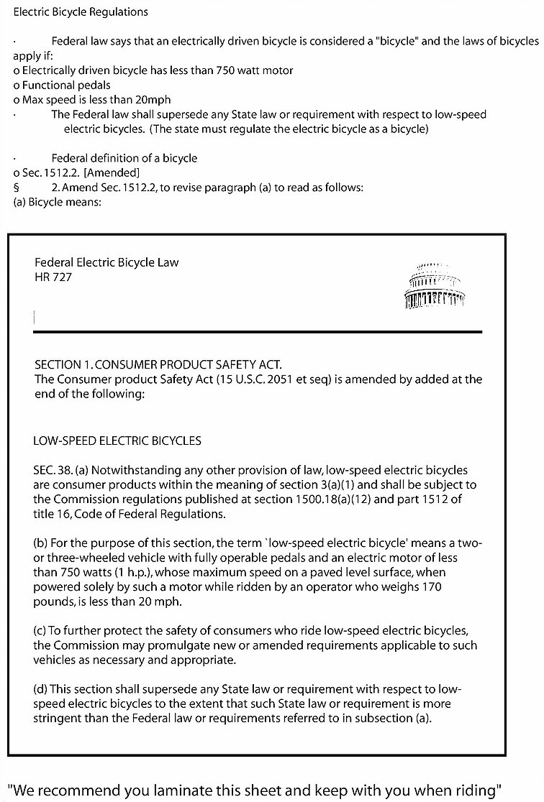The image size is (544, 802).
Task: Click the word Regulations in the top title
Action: [118, 12]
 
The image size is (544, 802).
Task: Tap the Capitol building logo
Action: [435, 285]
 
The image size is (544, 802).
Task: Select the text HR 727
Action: [53, 277]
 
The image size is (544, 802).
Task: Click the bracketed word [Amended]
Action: [112, 172]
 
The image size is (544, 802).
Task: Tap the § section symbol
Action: [16, 188]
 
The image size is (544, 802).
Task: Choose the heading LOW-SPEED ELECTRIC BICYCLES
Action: [117, 441]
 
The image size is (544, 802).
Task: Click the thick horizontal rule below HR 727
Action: [257, 331]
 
